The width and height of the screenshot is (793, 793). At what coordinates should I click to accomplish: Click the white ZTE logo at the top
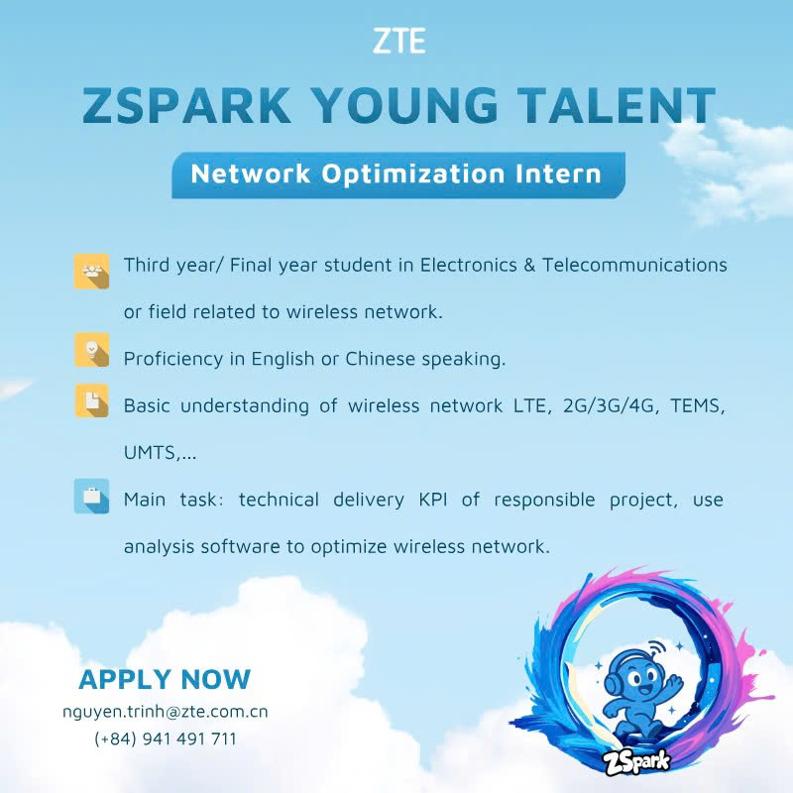399,41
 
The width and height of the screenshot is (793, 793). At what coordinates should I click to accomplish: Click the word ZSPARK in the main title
186,105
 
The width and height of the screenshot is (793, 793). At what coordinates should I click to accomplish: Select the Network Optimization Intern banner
398,174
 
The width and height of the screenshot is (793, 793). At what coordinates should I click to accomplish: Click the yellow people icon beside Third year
91,271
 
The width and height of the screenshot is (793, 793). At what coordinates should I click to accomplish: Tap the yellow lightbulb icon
91,350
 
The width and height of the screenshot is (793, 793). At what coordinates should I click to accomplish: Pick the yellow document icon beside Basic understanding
91,400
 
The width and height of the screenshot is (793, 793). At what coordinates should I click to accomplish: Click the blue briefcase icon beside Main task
91,497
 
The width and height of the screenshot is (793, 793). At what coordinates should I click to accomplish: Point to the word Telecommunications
634,265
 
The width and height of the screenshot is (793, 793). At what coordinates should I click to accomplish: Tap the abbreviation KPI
433,500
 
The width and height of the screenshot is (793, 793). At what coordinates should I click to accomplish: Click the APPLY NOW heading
165,679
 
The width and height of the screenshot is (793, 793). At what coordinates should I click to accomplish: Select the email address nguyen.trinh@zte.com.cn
166,712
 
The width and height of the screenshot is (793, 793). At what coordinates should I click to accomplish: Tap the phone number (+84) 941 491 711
166,738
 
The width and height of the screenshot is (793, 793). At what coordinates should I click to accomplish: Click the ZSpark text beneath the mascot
636,761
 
